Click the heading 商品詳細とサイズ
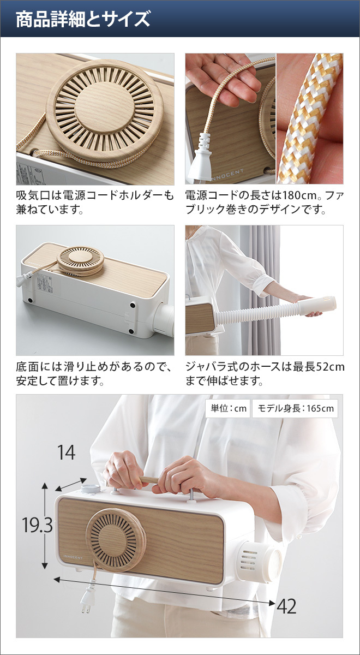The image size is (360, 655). [83, 19]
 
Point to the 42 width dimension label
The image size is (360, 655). [286, 606]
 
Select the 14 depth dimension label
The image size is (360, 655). [66, 452]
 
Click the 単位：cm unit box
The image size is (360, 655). [227, 408]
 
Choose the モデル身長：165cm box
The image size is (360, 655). [295, 408]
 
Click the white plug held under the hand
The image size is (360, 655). [201, 159]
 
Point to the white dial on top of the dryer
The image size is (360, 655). [91, 489]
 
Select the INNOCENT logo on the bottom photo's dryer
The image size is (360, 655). [73, 558]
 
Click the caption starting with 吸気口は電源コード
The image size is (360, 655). [95, 202]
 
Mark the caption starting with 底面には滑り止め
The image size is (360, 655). [95, 374]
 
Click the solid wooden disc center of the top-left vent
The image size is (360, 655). [105, 109]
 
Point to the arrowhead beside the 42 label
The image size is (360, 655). [272, 603]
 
